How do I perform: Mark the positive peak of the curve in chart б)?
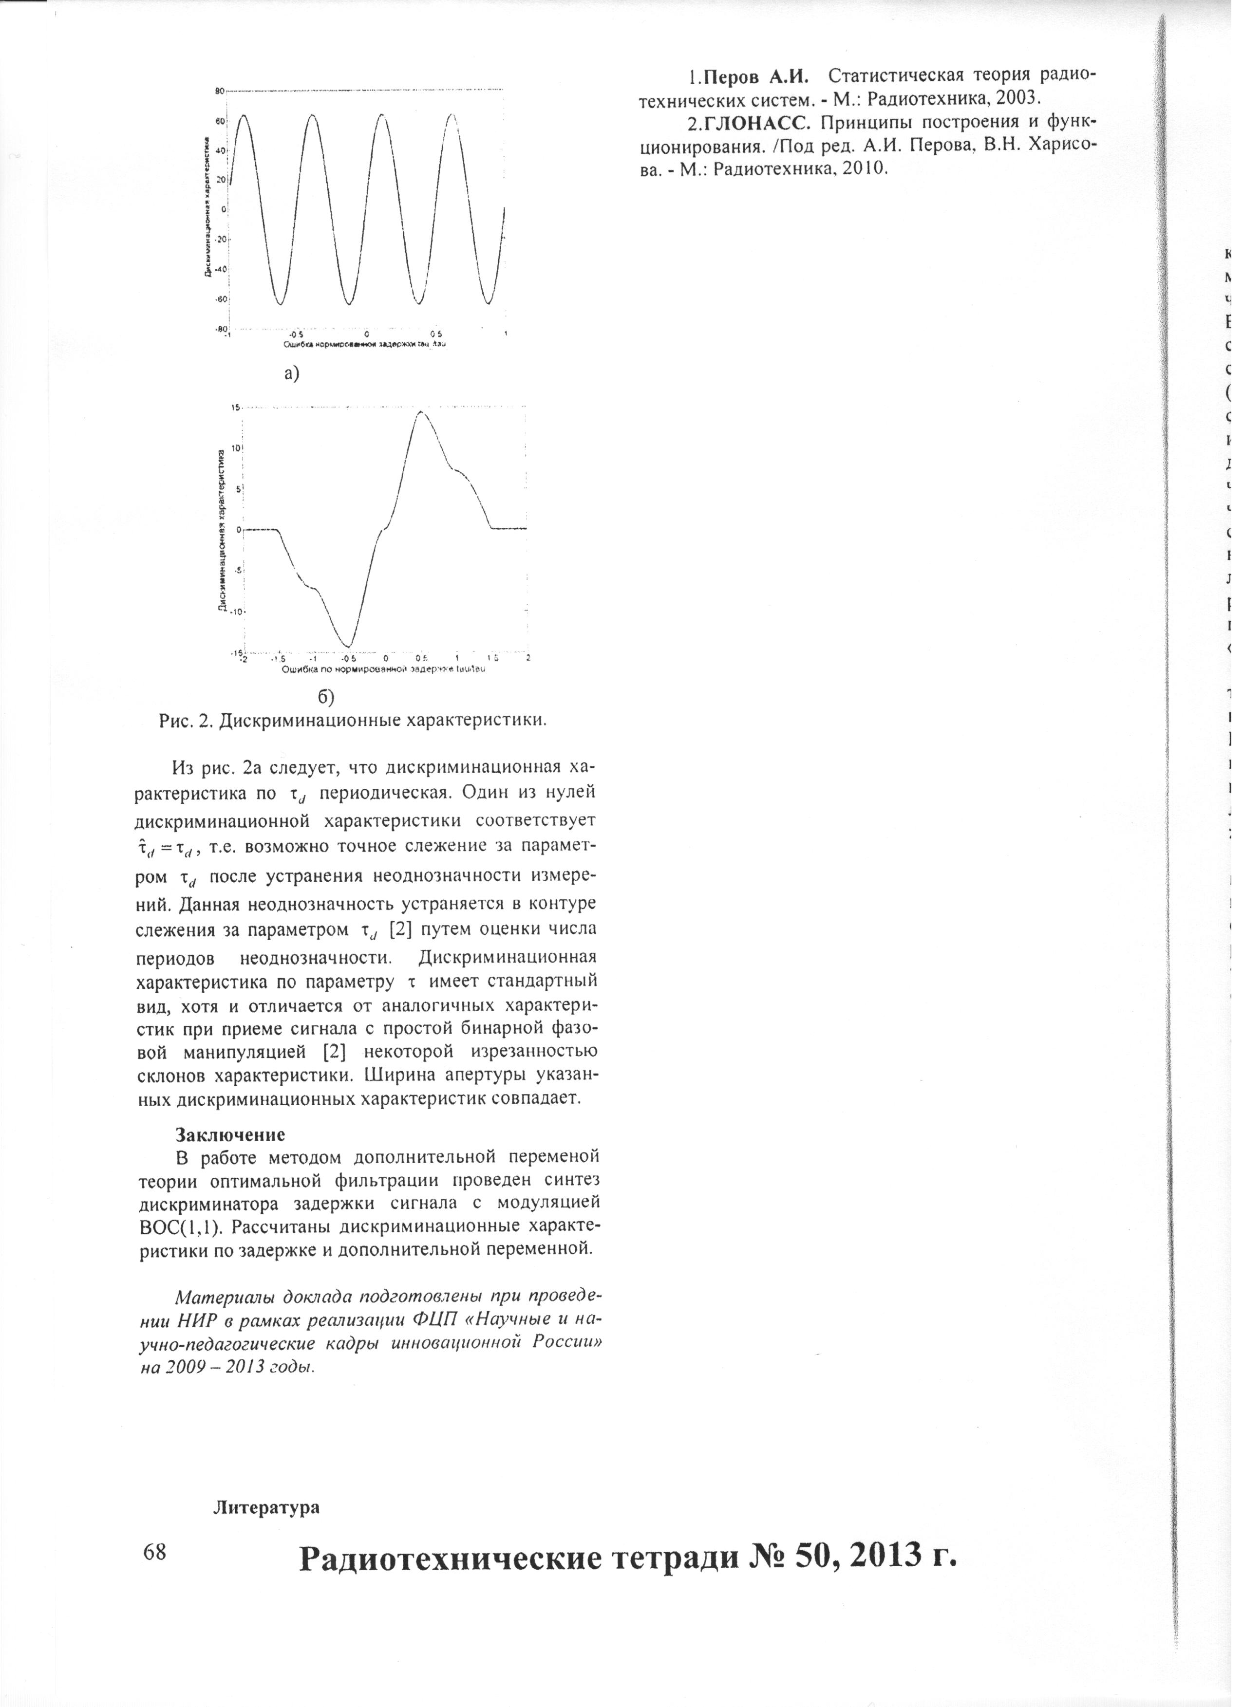pyautogui.click(x=420, y=412)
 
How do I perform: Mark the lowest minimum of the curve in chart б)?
pyautogui.click(x=347, y=646)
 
